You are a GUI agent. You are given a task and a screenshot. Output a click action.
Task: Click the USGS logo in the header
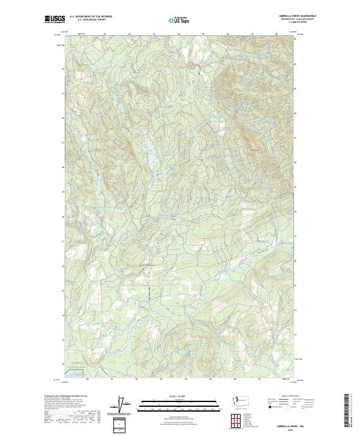(x=53, y=19)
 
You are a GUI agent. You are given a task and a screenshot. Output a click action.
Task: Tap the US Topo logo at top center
(x=181, y=19)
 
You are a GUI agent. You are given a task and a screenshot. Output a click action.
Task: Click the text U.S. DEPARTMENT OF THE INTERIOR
(x=91, y=17)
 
